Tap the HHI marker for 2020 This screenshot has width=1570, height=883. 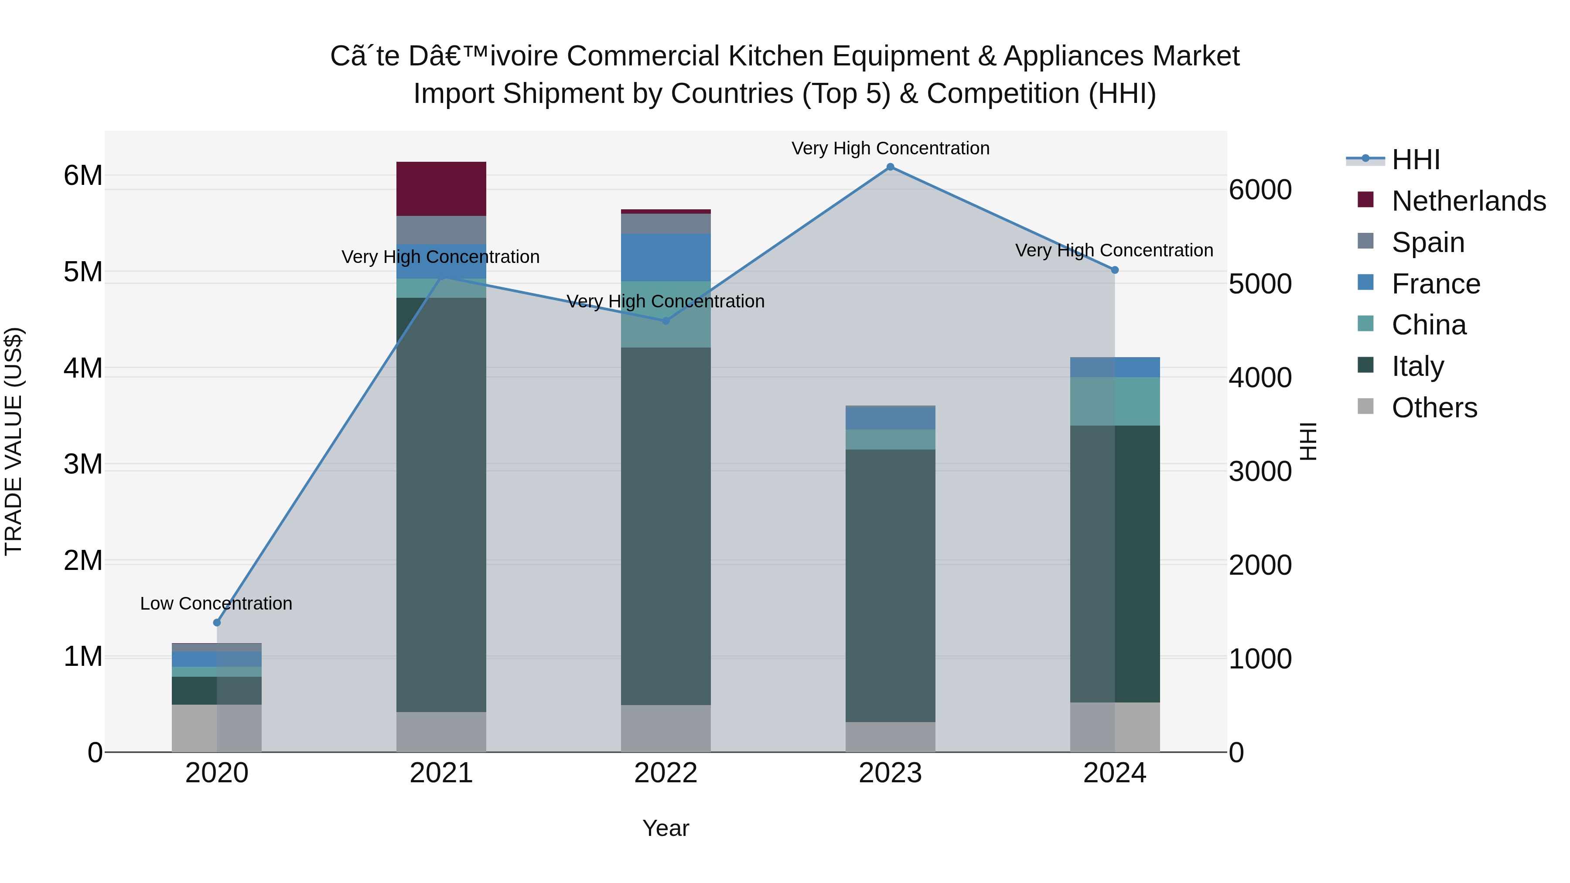click(217, 622)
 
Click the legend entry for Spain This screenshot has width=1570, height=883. click(1427, 242)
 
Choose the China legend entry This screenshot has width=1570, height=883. click(1428, 325)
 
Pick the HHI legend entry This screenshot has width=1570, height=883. click(1415, 160)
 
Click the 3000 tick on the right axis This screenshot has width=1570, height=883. click(1259, 472)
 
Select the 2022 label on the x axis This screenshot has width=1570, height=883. click(665, 773)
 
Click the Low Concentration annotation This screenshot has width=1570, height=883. click(216, 603)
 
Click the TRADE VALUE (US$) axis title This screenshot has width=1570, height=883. click(14, 441)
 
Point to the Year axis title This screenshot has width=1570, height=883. click(665, 828)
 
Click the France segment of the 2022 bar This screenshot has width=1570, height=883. click(665, 257)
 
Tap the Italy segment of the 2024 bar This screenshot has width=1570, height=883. click(1114, 564)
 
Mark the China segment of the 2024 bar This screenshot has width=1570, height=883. click(1114, 401)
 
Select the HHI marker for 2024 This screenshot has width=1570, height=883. click(1114, 270)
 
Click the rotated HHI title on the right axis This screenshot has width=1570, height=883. click(1307, 441)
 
